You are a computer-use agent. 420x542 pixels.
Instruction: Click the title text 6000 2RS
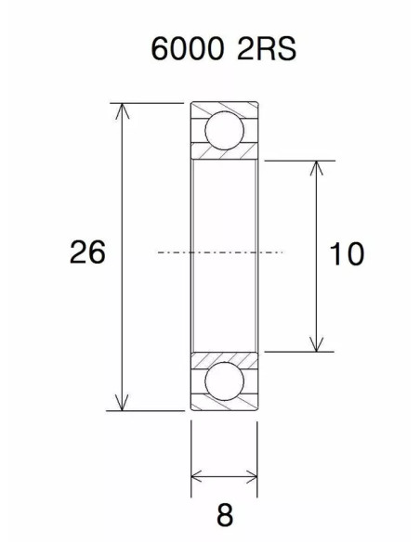coord(224,48)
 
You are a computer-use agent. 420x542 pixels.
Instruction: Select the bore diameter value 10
coord(346,253)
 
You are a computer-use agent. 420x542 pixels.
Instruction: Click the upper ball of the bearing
coord(224,129)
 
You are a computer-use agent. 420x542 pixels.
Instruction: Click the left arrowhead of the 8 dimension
coord(197,477)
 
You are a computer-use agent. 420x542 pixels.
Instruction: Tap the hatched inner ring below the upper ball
coord(224,153)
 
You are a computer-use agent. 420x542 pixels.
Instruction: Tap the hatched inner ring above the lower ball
coord(224,357)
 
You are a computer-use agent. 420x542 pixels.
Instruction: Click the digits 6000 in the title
coord(189,48)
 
